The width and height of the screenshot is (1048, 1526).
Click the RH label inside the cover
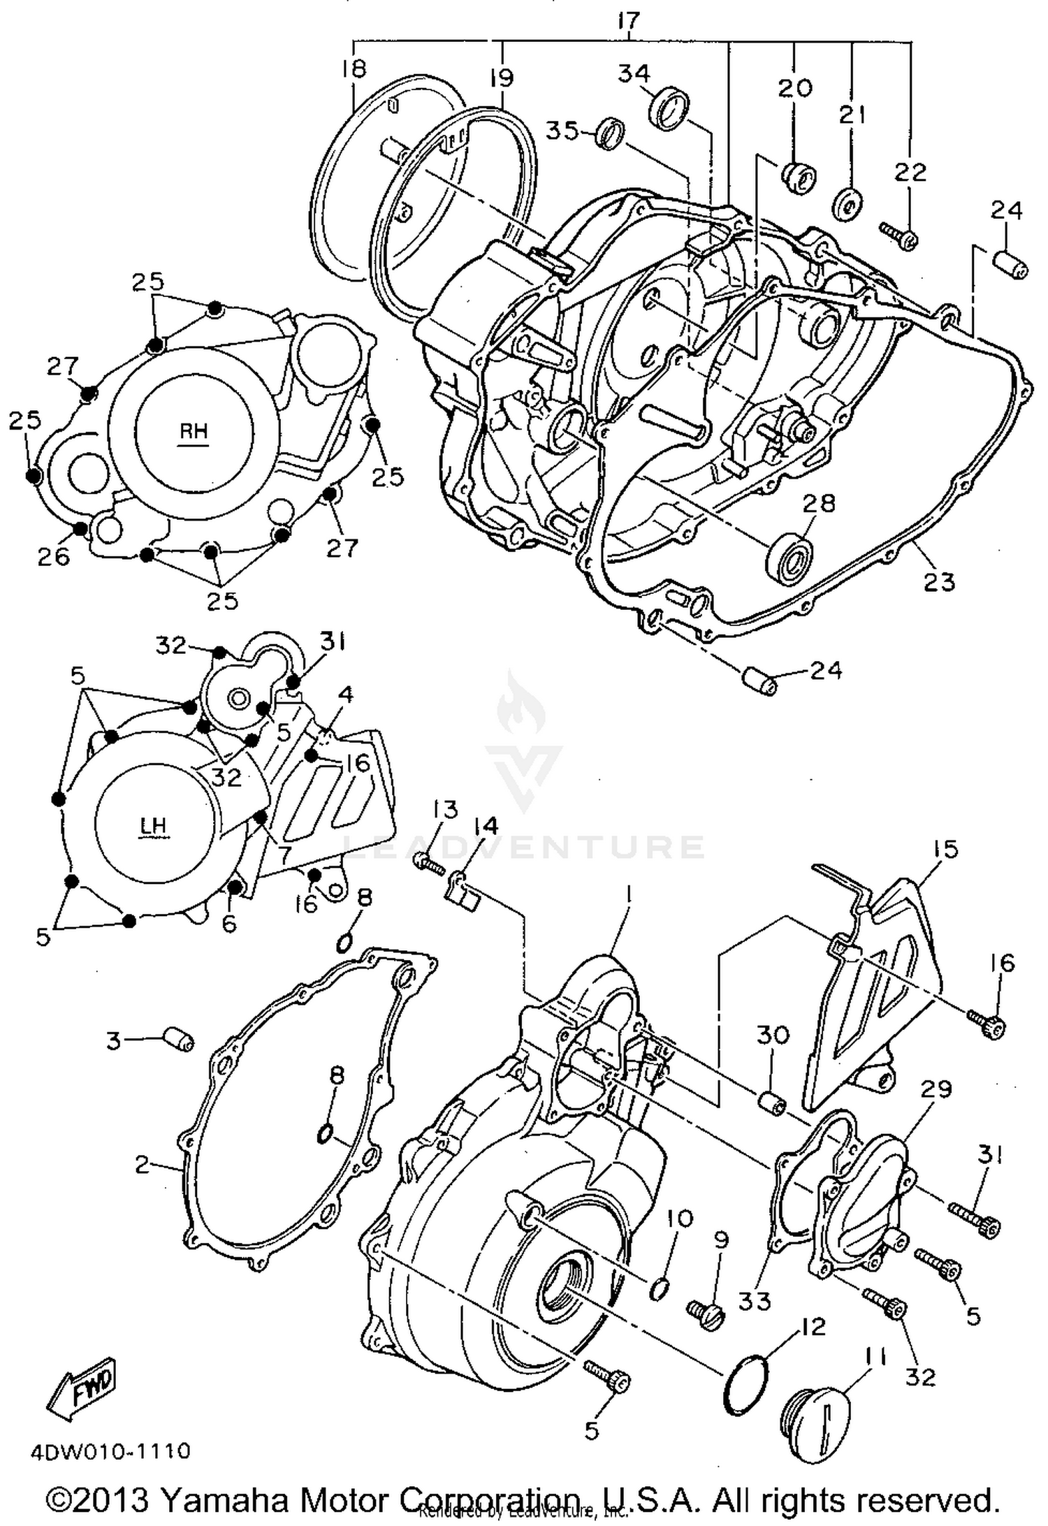(194, 431)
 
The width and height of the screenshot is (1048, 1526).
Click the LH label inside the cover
(153, 826)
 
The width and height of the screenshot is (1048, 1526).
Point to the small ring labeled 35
(610, 133)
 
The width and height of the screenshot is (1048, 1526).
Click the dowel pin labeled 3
(179, 1044)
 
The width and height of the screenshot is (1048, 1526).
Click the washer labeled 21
(847, 203)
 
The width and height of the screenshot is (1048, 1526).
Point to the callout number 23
(938, 581)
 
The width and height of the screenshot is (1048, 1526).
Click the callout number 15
(943, 850)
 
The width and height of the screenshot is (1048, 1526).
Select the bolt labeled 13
(428, 863)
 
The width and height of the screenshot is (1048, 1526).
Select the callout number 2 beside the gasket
(143, 1165)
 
